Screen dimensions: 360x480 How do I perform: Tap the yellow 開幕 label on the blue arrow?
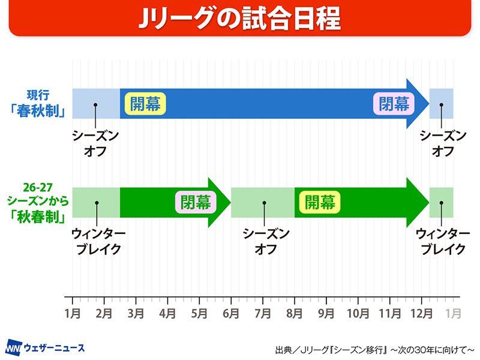[145, 104]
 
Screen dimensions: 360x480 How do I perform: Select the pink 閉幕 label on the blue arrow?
[394, 104]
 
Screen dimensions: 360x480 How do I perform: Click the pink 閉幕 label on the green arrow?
[196, 202]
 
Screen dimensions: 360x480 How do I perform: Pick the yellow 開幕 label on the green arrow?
[319, 202]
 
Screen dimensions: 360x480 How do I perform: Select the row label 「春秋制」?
[42, 110]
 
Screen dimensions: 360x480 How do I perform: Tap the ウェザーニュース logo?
[45, 347]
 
